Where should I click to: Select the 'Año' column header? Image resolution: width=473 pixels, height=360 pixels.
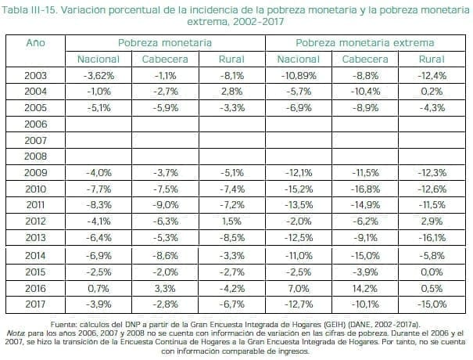click(x=36, y=42)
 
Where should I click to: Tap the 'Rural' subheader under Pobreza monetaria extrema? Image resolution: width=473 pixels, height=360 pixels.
click(x=432, y=59)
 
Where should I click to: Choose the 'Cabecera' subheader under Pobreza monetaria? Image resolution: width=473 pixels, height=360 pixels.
click(x=165, y=59)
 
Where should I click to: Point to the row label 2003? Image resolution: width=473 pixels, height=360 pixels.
click(x=36, y=76)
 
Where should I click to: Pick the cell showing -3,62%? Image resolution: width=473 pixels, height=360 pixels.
click(x=99, y=76)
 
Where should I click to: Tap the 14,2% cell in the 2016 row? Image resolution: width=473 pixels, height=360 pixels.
click(x=365, y=287)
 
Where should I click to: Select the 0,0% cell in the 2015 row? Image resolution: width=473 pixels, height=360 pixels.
click(x=432, y=272)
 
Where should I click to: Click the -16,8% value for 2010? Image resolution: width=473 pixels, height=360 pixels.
click(x=365, y=188)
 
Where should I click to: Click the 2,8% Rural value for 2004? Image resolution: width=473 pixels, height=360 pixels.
click(x=231, y=92)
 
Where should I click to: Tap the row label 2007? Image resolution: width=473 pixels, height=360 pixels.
click(x=36, y=139)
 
